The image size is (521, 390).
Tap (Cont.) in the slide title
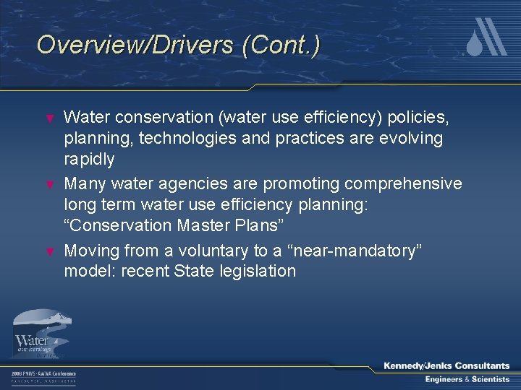click(281, 45)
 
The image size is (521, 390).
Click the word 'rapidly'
click(89, 158)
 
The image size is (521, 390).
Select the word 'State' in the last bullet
click(193, 272)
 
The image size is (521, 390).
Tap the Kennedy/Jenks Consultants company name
click(446, 366)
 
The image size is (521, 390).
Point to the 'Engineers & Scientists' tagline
click(466, 379)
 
